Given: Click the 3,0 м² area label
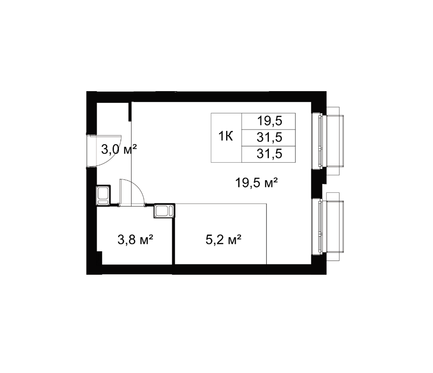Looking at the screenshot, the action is coord(119,150).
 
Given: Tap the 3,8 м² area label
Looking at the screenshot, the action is coord(135,240).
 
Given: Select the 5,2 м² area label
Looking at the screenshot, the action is coord(224,240).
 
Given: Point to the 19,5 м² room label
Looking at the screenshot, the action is coord(256,182).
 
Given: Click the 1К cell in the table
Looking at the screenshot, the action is coord(226,136).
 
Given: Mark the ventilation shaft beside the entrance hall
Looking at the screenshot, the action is coord(103,195).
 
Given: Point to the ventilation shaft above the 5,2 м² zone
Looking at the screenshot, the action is coord(164,211).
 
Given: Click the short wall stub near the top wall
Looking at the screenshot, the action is coord(129,111).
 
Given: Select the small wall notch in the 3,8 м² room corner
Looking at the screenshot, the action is coord(100,258).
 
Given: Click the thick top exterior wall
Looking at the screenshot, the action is coord(206,97).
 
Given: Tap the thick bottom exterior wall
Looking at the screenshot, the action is coord(206,269).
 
